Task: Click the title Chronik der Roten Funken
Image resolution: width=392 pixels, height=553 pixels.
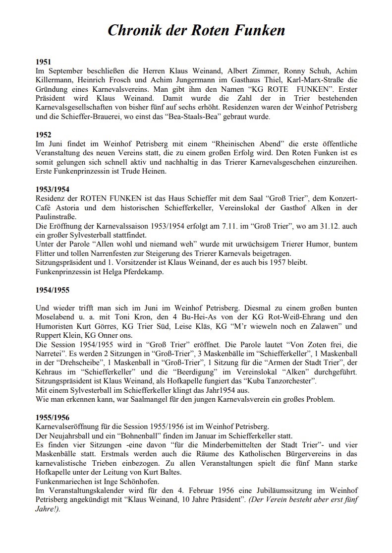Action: click(x=196, y=31)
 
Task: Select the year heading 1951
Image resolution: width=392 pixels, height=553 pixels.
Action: click(x=44, y=62)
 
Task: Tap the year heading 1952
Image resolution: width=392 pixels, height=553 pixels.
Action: click(x=44, y=134)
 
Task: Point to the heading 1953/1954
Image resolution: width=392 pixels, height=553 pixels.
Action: click(x=53, y=189)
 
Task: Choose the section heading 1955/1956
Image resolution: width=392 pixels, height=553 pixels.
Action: click(x=53, y=417)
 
